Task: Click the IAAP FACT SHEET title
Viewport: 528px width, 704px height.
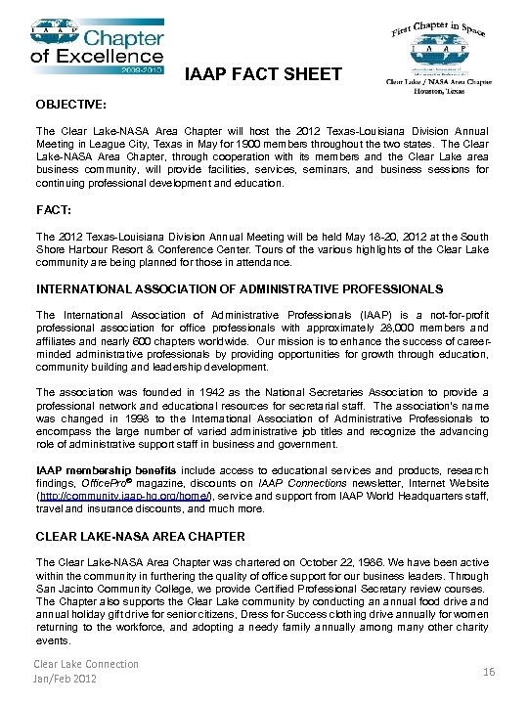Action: click(263, 74)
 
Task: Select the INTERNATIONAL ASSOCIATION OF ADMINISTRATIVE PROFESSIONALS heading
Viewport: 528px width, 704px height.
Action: click(239, 289)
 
